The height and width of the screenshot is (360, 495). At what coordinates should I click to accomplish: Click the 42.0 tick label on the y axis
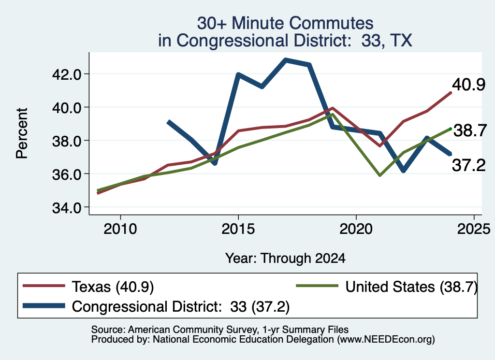click(x=67, y=74)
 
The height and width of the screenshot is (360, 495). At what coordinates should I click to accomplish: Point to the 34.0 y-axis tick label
click(x=67, y=208)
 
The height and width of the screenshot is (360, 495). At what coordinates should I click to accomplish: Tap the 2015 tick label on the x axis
click(x=238, y=229)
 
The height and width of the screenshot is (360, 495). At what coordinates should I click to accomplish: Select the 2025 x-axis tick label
click(x=474, y=229)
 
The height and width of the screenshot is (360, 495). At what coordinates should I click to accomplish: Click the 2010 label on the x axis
click(x=120, y=229)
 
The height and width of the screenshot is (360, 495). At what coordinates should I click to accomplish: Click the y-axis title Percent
click(x=22, y=133)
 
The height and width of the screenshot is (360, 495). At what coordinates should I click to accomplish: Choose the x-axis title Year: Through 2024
click(x=285, y=258)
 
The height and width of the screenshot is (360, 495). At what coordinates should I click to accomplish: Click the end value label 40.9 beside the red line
click(x=468, y=85)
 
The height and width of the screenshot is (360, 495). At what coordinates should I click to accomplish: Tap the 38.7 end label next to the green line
click(x=470, y=130)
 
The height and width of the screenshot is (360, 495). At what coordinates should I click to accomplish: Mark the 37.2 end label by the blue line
click(x=469, y=165)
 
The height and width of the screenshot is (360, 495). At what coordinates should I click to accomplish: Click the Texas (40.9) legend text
click(x=113, y=287)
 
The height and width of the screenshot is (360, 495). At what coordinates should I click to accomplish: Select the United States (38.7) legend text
click(x=411, y=287)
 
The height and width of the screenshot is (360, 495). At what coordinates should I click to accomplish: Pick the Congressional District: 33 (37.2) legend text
click(x=181, y=307)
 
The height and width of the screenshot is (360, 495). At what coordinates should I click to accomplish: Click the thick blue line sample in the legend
click(x=44, y=306)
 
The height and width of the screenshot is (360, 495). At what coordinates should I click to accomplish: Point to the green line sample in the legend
click(x=317, y=286)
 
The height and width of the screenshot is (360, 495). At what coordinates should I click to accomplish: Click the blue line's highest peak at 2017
click(x=286, y=60)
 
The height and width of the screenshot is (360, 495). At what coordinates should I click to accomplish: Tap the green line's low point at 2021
click(x=380, y=175)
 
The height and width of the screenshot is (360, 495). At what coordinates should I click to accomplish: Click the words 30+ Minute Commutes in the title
click(x=285, y=23)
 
